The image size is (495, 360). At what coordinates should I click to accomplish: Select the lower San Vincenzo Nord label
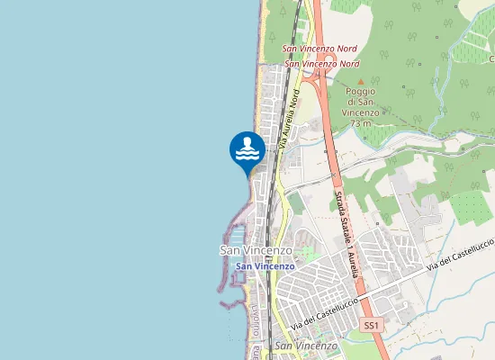point(322,64)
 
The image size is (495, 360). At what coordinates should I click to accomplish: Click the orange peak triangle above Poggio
point(362,81)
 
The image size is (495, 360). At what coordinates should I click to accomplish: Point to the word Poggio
point(362,92)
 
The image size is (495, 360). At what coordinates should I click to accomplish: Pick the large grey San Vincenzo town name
point(256,249)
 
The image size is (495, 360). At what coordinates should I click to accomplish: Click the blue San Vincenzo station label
point(265,266)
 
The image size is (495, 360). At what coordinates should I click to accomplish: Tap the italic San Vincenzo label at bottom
point(306,346)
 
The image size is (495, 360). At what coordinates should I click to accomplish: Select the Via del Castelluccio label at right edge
point(461,254)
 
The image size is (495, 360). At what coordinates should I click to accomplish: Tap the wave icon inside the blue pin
point(247,151)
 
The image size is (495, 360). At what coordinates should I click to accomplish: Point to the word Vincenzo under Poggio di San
point(362,112)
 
